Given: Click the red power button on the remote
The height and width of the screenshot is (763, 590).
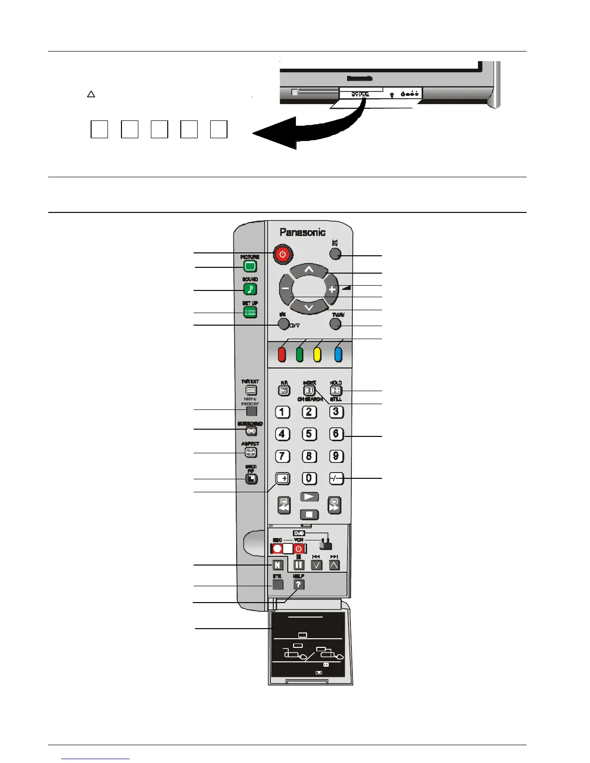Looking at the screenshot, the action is click(x=282, y=254).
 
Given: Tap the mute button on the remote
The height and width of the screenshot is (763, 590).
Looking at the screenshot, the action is click(x=335, y=254).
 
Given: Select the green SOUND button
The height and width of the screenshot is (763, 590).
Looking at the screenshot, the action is click(x=250, y=289).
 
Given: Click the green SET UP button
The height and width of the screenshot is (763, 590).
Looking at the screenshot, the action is click(x=250, y=312).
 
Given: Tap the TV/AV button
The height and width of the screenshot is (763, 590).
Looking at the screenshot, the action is click(x=335, y=323).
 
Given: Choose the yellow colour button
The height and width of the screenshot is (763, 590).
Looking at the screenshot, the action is click(x=317, y=355).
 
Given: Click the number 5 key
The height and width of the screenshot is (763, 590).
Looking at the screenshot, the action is click(x=309, y=434).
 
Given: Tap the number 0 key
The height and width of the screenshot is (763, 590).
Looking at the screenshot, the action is click(x=309, y=478).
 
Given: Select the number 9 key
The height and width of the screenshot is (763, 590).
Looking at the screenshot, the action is click(x=336, y=456).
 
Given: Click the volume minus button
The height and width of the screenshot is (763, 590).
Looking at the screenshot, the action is click(x=285, y=289).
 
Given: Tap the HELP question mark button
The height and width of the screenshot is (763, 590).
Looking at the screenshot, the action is click(x=299, y=584).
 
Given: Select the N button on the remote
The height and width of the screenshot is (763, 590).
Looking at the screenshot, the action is click(x=278, y=565).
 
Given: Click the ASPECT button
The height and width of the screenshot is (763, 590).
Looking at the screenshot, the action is click(x=251, y=452).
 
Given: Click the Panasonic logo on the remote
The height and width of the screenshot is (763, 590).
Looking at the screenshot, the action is click(x=303, y=232).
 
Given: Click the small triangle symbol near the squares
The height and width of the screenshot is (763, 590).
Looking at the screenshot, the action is click(x=91, y=94).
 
